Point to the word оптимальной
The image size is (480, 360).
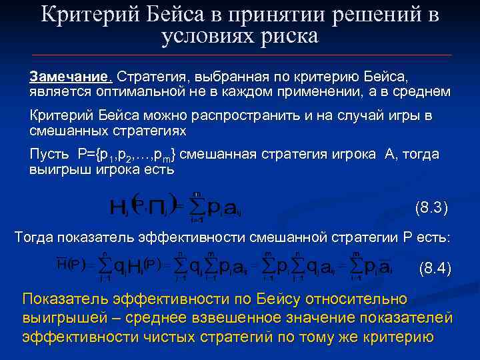tap(136, 91)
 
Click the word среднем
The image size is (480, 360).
tap(418, 91)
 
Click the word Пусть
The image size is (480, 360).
tap(49, 155)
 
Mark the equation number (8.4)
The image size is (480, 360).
tap(435, 269)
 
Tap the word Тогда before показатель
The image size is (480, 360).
tap(37, 237)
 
